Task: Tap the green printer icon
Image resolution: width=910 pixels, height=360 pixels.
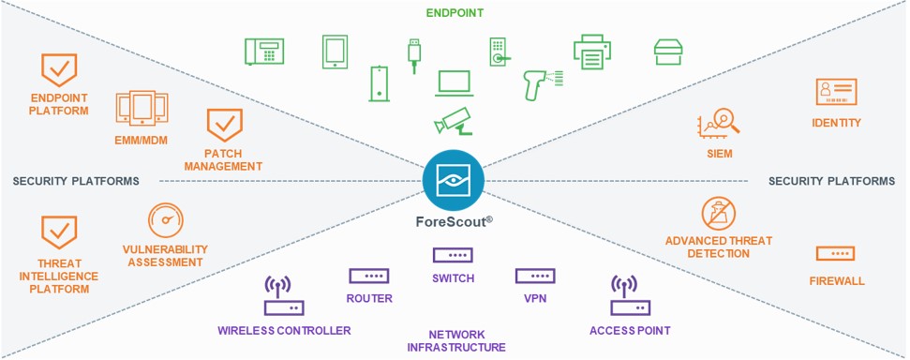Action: tap(590, 52)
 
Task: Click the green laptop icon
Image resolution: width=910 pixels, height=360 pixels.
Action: tap(456, 84)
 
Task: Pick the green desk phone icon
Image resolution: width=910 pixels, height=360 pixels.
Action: tap(263, 51)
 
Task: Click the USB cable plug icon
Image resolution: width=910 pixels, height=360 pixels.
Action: tap(413, 54)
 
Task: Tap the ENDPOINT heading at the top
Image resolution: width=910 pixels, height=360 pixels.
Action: tap(455, 12)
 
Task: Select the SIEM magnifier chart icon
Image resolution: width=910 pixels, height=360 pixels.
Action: tap(719, 123)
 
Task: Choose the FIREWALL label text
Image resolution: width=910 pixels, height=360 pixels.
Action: tap(836, 280)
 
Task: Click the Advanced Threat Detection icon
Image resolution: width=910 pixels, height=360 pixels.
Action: tap(719, 214)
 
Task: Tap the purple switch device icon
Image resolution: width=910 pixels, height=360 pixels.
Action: tap(453, 255)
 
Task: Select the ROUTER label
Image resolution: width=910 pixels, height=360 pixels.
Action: tap(368, 299)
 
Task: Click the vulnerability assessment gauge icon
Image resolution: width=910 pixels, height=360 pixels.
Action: tap(166, 219)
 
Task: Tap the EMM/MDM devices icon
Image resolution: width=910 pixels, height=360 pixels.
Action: tap(141, 109)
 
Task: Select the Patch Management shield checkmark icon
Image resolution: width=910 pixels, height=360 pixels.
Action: tap(223, 125)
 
